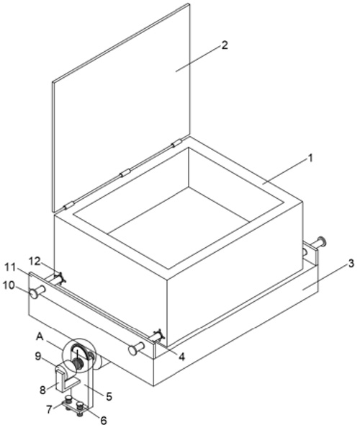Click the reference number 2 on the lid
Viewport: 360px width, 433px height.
[225, 45]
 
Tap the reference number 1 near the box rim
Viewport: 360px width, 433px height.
[310, 159]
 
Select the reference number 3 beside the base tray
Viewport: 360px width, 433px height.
[351, 263]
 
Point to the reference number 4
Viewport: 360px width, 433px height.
[181, 357]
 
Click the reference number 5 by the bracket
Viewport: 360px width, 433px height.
[109, 396]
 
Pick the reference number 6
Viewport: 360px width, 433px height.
[103, 420]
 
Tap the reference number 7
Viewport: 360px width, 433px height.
[49, 409]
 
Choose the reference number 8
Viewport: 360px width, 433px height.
[42, 390]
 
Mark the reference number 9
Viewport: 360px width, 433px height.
[38, 356]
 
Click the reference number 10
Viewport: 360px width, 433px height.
[9, 285]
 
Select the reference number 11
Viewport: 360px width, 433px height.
[10, 267]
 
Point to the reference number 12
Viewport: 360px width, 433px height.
[35, 261]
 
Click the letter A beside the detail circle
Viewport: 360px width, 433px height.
[40, 336]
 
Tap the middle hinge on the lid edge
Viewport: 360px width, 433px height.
[125, 173]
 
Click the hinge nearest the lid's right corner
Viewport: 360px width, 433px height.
[176, 143]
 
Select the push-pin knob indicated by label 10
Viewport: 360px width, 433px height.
[34, 293]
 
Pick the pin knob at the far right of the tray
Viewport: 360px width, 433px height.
[322, 242]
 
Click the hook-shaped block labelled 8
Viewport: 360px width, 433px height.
[63, 379]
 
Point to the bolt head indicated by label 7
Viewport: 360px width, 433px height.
[68, 398]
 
